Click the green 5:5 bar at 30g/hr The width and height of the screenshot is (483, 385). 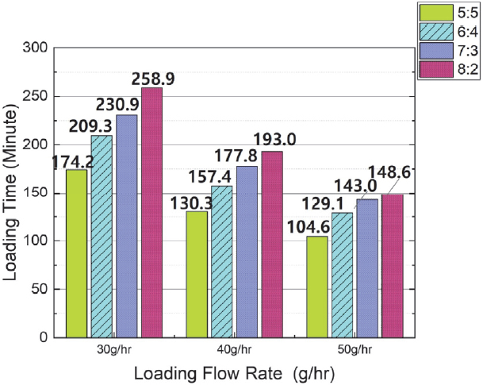77,252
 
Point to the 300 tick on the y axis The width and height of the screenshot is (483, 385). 36,48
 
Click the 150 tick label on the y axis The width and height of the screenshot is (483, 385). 36,193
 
